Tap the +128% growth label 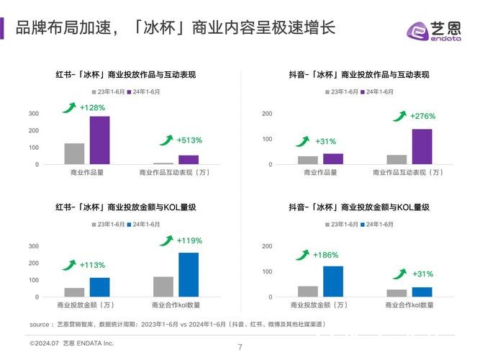pos(94,108)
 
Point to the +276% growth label pos(422,116)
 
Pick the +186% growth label pos(325,255)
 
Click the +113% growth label pos(94,264)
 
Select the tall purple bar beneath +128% pos(99,140)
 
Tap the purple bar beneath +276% pos(422,147)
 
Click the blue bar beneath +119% pos(189,274)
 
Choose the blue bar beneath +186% pos(333,282)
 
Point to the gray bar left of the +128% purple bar pos(74,154)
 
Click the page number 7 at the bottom pos(240,348)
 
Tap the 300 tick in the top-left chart pos(34,114)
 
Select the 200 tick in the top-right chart pos(267,114)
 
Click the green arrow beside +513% pos(166,140)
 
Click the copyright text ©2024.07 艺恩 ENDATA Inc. pos(72,343)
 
